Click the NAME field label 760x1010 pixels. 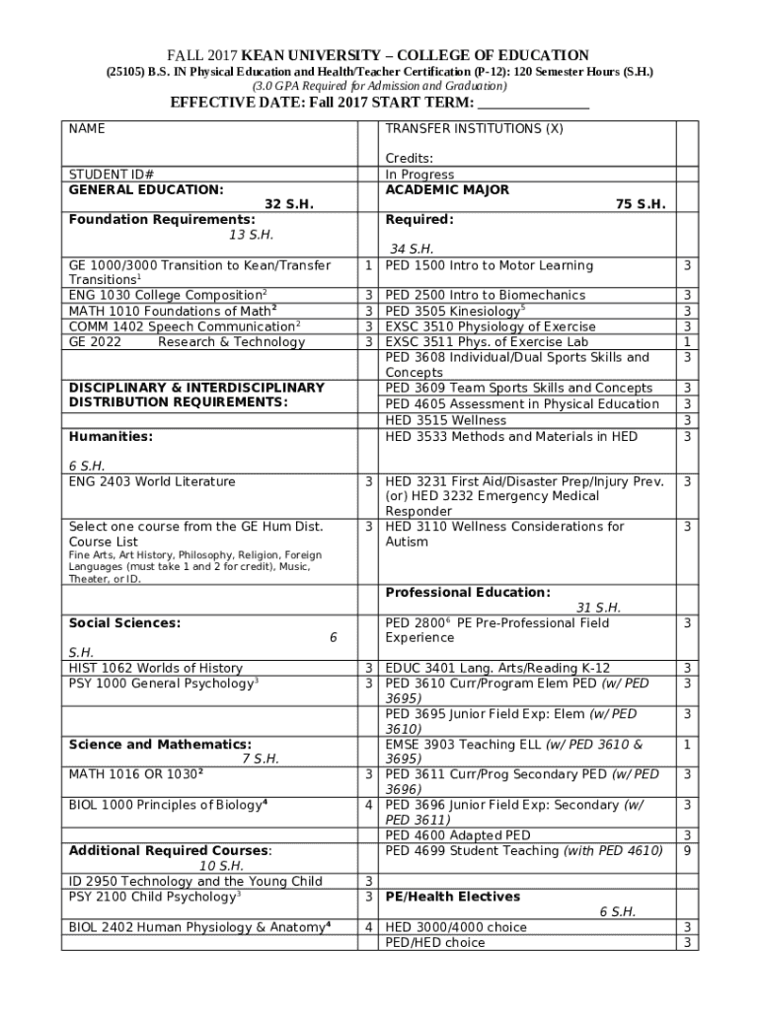pos(87,129)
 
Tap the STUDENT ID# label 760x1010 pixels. pos(111,175)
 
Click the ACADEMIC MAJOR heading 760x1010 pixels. pos(447,189)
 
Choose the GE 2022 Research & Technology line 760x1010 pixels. pos(187,342)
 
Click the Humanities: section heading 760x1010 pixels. pos(111,436)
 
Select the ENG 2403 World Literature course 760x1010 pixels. pos(152,482)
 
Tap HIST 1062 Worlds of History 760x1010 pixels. pos(155,669)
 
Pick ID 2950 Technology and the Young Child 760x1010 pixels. pos(195,882)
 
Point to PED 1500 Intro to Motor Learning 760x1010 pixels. pos(490,265)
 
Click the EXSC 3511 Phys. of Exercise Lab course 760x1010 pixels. pos(487,342)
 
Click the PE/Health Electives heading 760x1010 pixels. pos(452,897)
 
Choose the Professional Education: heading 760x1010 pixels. pos(468,593)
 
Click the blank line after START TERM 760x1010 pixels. pos(533,104)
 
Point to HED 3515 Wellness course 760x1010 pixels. pos(445,420)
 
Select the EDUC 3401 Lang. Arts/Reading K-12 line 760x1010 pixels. pos(497,669)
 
